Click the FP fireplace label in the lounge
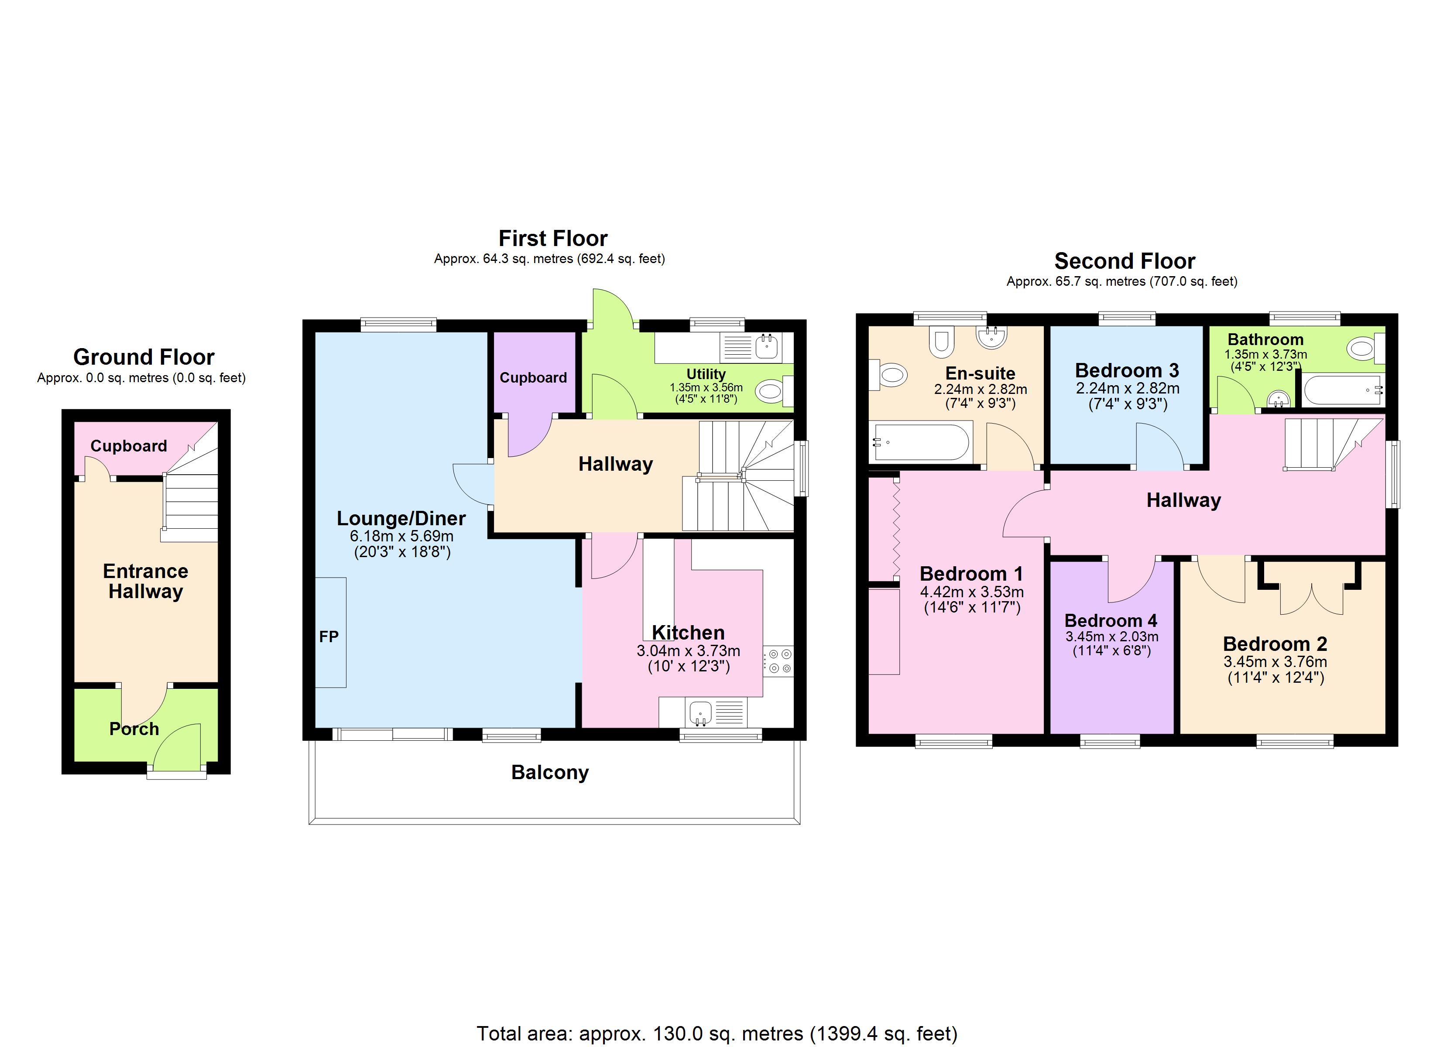click(x=329, y=637)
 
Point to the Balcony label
click(x=550, y=773)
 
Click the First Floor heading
click(x=552, y=239)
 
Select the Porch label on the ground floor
click(x=134, y=729)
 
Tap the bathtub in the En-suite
click(x=921, y=441)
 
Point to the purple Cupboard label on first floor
click(x=533, y=378)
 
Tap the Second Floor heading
click(x=1125, y=261)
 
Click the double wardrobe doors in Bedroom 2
click(x=1311, y=600)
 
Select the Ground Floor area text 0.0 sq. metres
click(x=141, y=378)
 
